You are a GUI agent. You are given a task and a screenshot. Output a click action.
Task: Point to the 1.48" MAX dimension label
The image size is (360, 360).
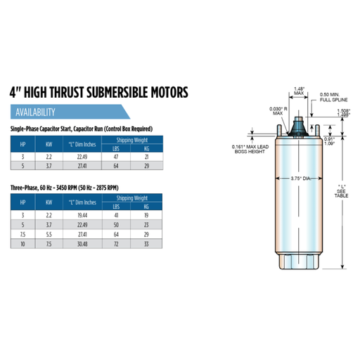[x=299, y=91]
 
